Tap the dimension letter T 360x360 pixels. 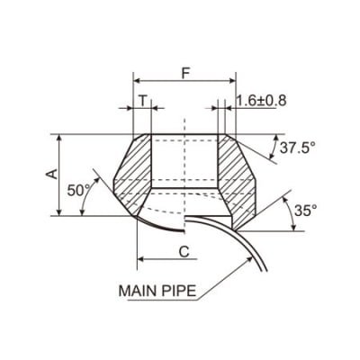142,101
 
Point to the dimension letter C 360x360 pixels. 184,251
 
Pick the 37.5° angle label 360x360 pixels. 298,148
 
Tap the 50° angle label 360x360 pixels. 80,192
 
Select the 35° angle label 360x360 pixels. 306,211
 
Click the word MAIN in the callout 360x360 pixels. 139,292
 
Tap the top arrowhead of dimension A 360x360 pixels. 59,139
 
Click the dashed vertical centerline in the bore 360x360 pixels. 184,162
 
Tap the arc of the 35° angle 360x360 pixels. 290,211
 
